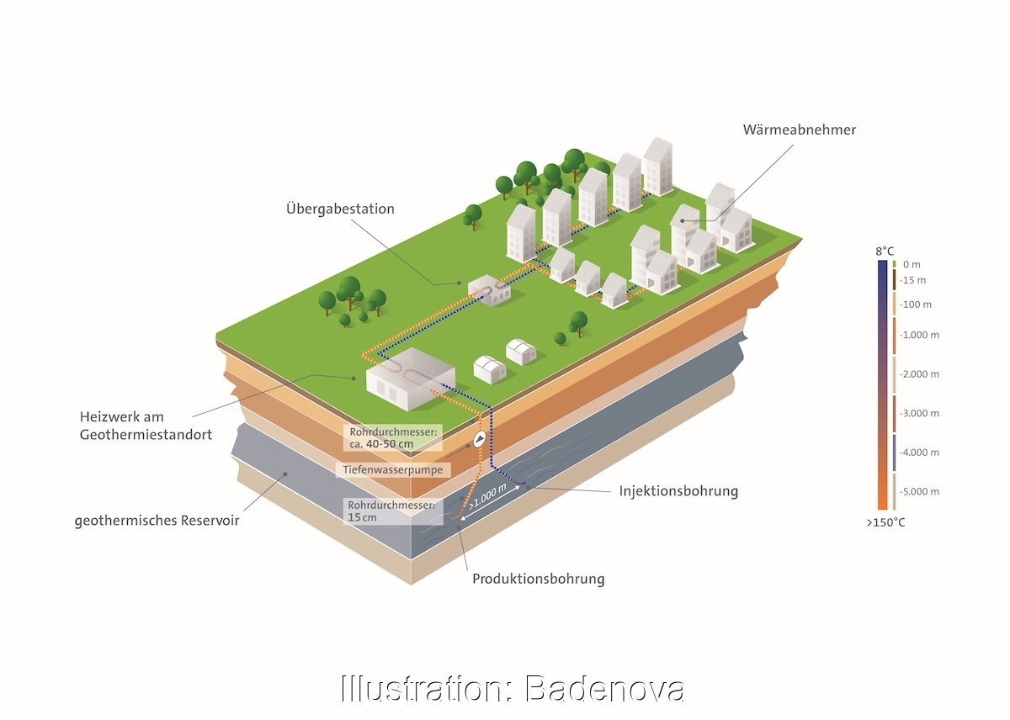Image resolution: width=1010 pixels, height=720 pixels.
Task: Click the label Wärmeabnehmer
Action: tap(799, 130)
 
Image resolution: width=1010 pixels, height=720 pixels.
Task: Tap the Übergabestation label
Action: tap(340, 209)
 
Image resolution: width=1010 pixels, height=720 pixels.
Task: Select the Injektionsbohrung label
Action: tap(678, 491)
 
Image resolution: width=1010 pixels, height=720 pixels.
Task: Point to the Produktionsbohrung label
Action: tap(538, 579)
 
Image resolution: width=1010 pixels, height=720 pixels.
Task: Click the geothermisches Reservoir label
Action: tap(157, 521)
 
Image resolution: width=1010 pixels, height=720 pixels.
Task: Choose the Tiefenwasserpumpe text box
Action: tap(393, 469)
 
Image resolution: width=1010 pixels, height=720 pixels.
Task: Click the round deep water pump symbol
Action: tap(479, 438)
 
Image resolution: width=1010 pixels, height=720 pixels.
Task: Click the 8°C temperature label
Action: tap(885, 251)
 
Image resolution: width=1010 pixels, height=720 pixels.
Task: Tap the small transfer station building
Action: tap(487, 290)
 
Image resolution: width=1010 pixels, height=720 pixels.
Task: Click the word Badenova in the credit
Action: tap(604, 689)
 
